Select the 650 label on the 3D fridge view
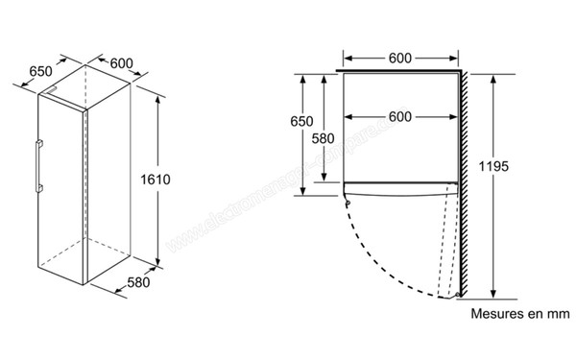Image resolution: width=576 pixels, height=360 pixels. click(x=40, y=71)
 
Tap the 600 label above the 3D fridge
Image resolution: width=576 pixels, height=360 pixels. click(x=122, y=63)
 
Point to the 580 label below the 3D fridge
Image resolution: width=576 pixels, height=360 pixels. click(x=139, y=284)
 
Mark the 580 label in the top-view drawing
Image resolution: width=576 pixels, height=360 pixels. click(x=324, y=137)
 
